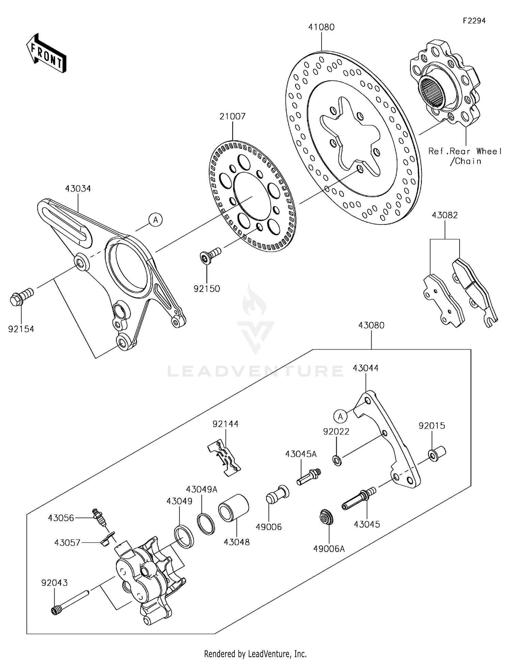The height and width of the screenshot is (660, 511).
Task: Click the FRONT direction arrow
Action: [46, 53]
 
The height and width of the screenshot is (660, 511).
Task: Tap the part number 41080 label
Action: [321, 27]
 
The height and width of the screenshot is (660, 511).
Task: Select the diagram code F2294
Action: [474, 21]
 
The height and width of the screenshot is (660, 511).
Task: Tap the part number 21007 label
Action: [232, 116]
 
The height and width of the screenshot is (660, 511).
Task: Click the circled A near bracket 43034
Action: [156, 220]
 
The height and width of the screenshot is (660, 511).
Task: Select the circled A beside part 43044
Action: [340, 416]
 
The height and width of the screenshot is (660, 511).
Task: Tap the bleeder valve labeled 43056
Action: [99, 517]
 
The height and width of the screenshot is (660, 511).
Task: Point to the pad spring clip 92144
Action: [224, 457]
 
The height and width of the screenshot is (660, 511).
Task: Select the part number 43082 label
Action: [445, 215]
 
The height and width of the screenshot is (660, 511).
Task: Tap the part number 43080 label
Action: [371, 326]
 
